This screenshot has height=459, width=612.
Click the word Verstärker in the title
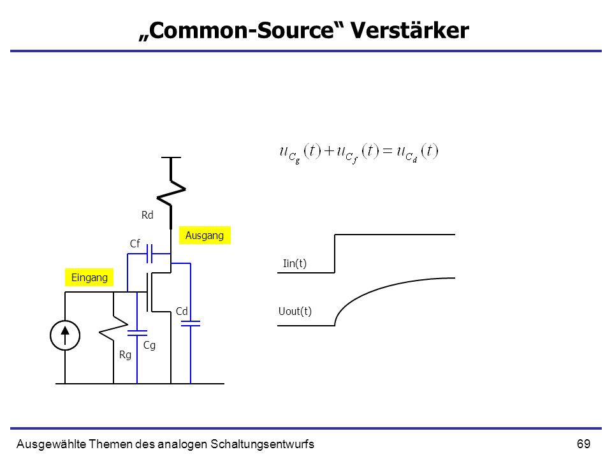[409, 31]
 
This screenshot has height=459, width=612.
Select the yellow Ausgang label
[205, 235]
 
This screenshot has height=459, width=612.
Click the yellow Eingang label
[89, 277]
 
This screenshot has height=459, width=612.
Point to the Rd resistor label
[147, 215]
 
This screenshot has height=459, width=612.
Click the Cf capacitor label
[135, 244]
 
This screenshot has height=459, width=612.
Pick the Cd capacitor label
[182, 311]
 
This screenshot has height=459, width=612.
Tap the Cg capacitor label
[149, 346]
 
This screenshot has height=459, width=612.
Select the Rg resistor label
[126, 355]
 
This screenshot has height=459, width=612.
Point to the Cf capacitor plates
[149, 254]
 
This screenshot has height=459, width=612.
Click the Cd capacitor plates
[191, 323]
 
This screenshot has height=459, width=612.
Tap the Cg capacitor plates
[137, 333]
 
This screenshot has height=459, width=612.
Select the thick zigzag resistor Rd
[171, 193]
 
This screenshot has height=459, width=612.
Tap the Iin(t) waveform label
[295, 263]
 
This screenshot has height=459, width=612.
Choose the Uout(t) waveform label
[295, 311]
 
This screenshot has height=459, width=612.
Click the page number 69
[583, 444]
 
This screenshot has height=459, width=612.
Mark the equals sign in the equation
[387, 150]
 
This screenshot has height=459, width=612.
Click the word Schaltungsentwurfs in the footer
[262, 444]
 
